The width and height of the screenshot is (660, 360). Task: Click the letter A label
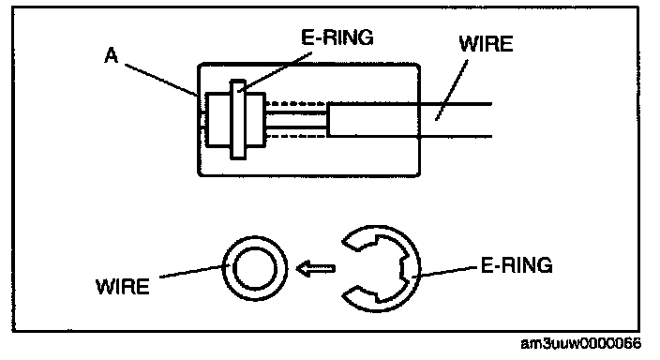click(x=112, y=55)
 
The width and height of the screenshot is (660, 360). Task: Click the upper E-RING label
click(x=337, y=37)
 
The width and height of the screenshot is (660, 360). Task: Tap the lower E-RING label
click(x=517, y=265)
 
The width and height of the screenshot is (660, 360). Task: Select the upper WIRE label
click(x=486, y=44)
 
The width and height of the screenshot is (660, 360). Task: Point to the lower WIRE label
click(x=123, y=287)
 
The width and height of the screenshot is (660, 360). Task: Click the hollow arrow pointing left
click(x=316, y=268)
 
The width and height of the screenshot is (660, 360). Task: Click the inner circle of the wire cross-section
click(x=255, y=268)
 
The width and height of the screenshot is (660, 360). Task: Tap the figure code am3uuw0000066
click(x=581, y=343)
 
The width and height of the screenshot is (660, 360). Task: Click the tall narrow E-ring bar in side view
click(x=238, y=120)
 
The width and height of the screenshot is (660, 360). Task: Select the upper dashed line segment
click(x=296, y=103)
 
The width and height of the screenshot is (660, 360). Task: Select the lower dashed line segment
click(x=296, y=136)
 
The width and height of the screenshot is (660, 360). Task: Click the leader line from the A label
click(x=161, y=80)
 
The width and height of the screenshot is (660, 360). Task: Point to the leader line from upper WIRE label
click(x=451, y=91)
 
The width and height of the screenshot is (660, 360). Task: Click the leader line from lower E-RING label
click(x=446, y=272)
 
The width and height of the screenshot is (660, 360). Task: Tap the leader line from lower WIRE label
click(x=194, y=271)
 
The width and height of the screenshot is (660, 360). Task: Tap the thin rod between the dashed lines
click(x=296, y=120)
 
